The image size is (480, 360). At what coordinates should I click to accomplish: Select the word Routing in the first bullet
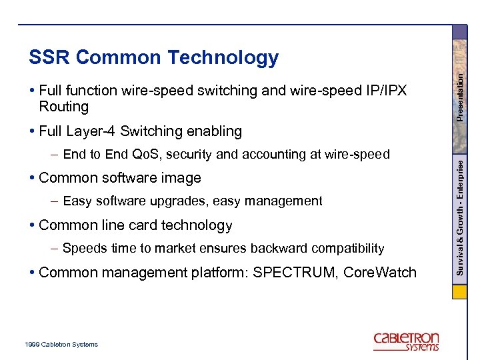coord(63,107)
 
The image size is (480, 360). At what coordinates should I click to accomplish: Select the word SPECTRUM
coord(295,272)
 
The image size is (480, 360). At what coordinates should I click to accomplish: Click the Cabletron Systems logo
coord(406,341)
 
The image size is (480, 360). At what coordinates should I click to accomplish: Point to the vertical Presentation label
coord(460,97)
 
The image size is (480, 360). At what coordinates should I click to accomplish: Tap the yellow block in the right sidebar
coord(459,292)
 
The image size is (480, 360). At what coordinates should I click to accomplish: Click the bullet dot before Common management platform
coord(33,273)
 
